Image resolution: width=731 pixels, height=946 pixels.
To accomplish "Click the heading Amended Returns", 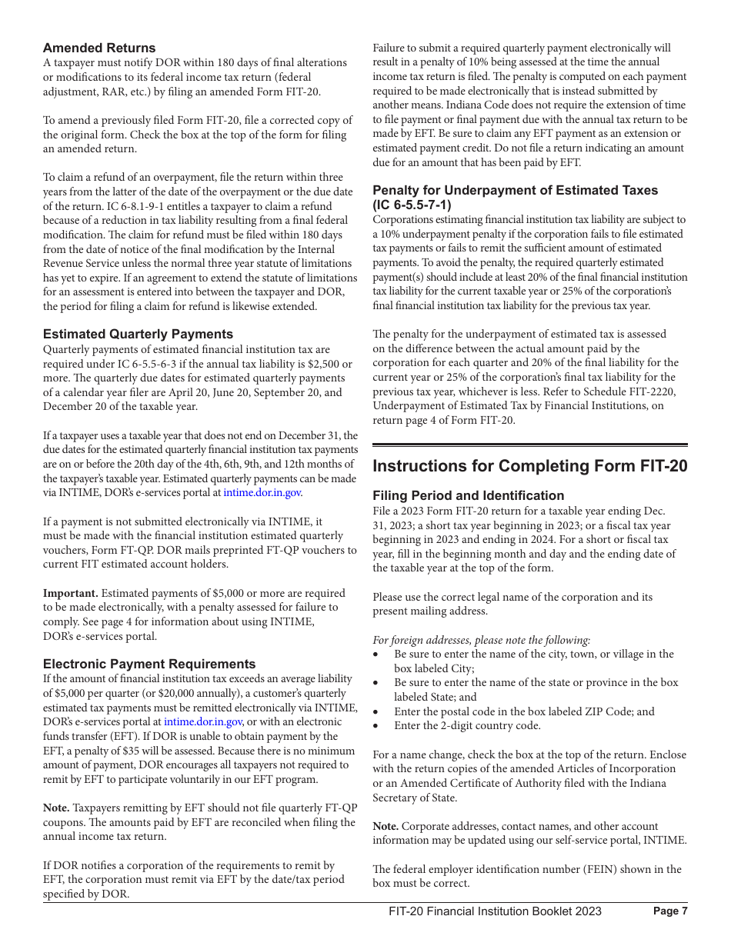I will coord(99,48).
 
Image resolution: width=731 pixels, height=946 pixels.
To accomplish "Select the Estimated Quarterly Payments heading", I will coord(138,334).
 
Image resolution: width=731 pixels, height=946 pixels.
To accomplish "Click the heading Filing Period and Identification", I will coord(468,495).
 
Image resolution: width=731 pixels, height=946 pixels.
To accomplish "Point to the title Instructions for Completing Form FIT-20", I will coord(529,466).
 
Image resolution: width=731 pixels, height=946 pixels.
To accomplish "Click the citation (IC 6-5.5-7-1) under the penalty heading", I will coord(412,205).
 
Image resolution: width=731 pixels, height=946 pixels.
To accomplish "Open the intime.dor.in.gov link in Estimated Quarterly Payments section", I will coord(262,493).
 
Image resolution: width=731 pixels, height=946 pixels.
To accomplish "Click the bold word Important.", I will coord(70,593).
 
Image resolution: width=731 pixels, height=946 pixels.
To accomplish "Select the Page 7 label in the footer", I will coord(669,911).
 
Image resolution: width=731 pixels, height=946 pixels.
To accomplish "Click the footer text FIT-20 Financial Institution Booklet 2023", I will coord(495,911).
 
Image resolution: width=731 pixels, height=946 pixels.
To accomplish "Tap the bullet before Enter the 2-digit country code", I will coord(376,726).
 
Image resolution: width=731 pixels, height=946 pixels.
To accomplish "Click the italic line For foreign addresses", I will coord(482,640).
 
